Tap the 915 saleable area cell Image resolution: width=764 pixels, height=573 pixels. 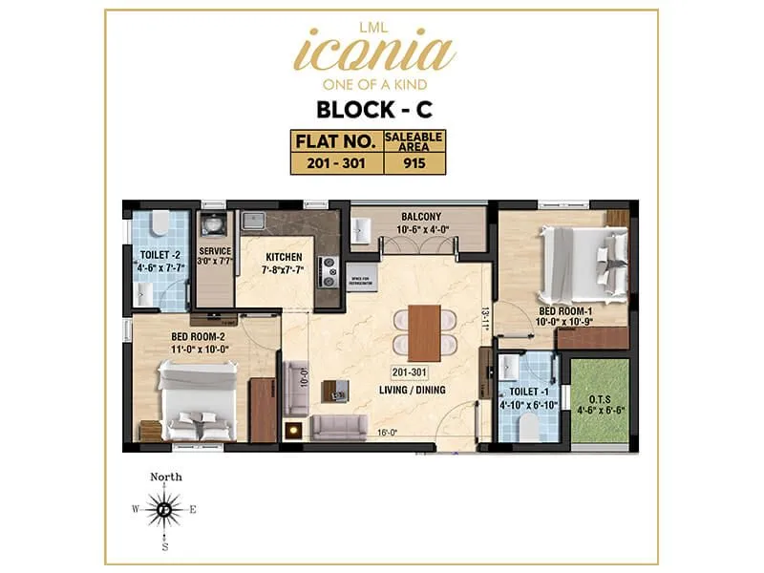coord(413,162)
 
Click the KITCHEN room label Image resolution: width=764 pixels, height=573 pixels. coord(285,258)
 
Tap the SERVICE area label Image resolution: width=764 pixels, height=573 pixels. coord(215,253)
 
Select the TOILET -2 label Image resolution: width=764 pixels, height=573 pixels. coord(158,256)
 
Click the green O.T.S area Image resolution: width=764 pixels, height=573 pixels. coord(600,401)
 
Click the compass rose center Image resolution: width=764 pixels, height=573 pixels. coord(164,510)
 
